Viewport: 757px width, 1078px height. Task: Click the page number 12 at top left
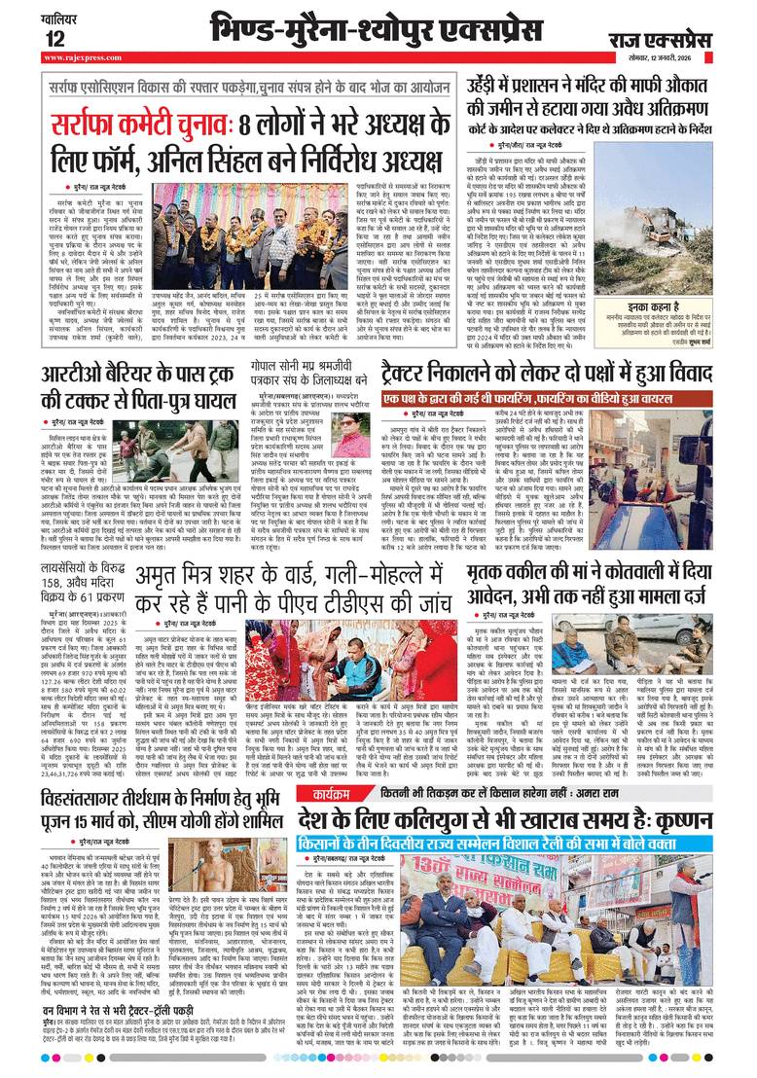(x=53, y=38)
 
